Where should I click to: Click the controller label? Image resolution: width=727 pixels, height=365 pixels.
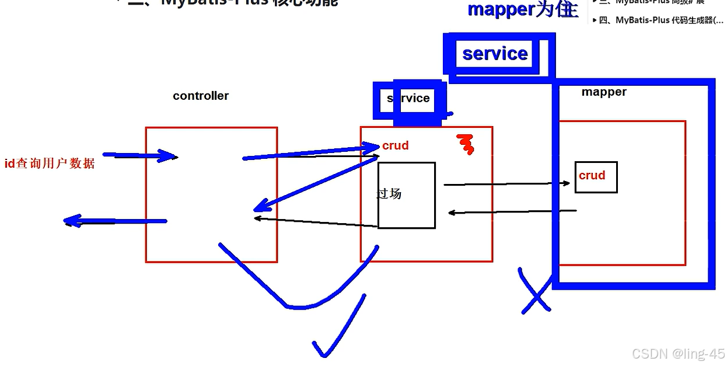click(x=201, y=96)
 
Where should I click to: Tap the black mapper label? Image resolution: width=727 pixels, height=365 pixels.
click(x=604, y=92)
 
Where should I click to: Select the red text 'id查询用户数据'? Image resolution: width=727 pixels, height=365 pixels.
click(x=50, y=164)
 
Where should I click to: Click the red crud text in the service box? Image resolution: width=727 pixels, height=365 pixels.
click(x=395, y=145)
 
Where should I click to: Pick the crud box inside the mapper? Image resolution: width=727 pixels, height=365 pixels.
click(x=596, y=176)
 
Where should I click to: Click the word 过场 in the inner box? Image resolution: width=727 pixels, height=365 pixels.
click(x=389, y=193)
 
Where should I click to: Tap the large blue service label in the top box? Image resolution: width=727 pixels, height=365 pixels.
click(x=495, y=54)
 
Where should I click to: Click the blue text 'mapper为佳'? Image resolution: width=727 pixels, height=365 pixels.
click(x=522, y=9)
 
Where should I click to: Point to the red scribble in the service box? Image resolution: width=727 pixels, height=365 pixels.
click(x=465, y=144)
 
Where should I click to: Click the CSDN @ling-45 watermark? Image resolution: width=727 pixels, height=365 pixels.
click(x=678, y=354)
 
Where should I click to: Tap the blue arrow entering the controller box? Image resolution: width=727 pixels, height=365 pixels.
click(x=140, y=156)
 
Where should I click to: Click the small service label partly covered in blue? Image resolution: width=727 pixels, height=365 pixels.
click(x=408, y=99)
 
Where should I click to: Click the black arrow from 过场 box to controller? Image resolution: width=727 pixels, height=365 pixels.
click(x=315, y=222)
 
